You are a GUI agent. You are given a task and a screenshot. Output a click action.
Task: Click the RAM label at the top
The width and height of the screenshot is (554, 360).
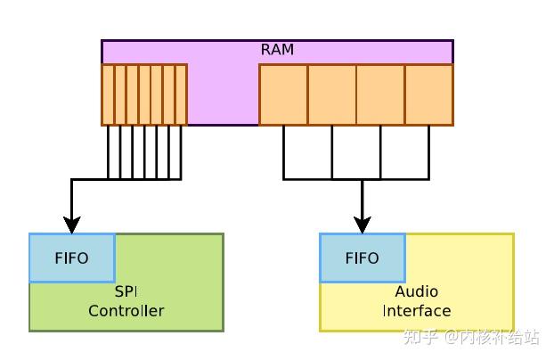(277, 50)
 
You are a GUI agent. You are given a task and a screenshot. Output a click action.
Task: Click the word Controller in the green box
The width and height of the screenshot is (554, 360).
(126, 311)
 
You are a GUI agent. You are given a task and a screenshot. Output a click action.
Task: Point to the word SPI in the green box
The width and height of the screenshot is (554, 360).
(126, 292)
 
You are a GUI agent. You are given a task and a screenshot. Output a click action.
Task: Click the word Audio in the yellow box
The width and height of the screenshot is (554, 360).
(416, 292)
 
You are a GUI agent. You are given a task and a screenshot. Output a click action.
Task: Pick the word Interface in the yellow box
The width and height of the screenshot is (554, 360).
(416, 311)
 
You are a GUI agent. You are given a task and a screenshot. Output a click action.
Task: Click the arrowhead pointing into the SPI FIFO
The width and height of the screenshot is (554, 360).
(71, 224)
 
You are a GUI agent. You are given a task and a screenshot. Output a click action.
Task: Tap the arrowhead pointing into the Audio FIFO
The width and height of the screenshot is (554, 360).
(362, 224)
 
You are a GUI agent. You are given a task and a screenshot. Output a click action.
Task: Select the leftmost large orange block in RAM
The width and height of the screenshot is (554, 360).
(283, 94)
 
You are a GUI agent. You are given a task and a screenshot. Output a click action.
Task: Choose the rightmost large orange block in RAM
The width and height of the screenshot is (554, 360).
(428, 94)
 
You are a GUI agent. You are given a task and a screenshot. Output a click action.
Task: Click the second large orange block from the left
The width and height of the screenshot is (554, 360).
(332, 94)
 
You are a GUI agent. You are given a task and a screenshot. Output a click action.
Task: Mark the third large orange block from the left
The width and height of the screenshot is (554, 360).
(380, 94)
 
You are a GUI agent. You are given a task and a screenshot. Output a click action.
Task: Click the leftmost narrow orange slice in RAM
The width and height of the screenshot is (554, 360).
(108, 94)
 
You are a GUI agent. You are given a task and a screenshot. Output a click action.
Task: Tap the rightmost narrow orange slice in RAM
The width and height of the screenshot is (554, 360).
(181, 94)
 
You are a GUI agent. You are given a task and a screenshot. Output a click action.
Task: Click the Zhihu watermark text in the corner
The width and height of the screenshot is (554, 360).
(471, 337)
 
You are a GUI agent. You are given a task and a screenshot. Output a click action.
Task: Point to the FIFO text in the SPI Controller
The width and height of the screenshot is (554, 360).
(71, 258)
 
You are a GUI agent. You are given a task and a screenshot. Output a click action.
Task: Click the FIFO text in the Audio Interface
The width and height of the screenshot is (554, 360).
(362, 258)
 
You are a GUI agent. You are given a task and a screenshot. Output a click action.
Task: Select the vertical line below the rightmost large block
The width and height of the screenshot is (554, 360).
(428, 151)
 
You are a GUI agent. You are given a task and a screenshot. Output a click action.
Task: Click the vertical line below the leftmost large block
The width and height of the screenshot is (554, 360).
(284, 151)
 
